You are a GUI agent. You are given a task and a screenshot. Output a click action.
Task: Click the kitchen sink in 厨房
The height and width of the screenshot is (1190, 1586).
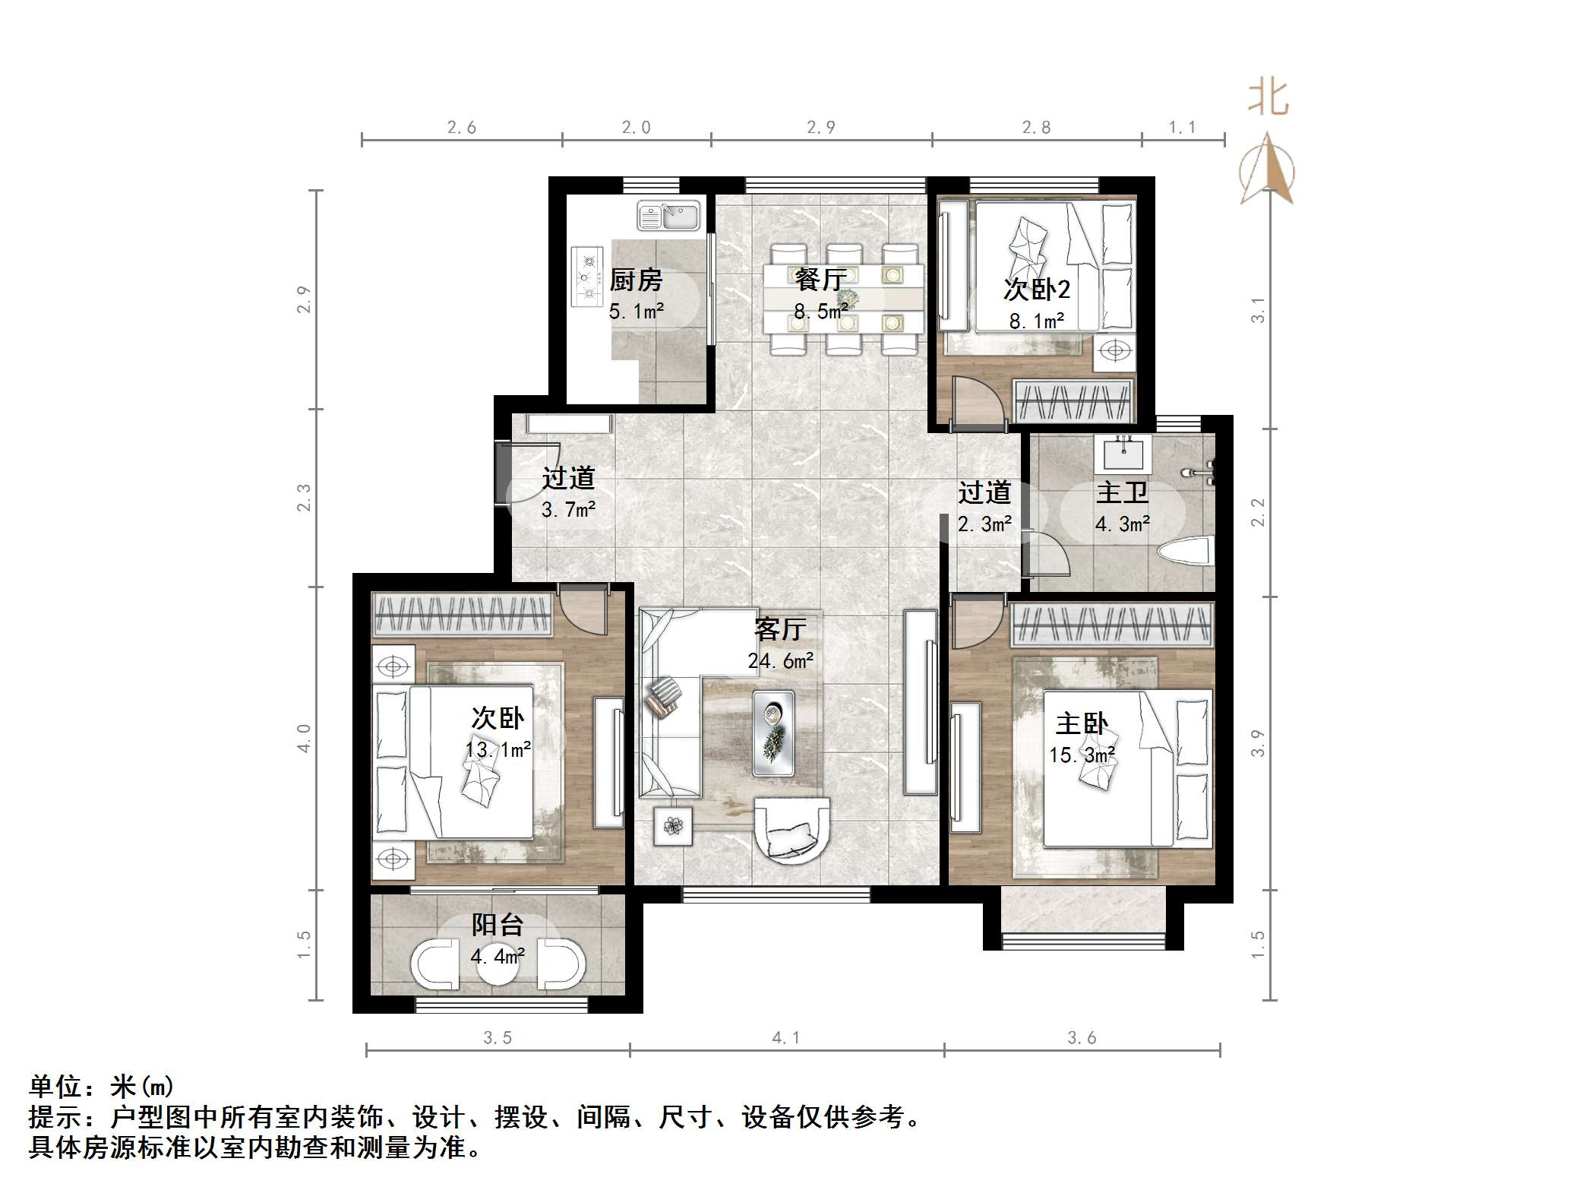668,215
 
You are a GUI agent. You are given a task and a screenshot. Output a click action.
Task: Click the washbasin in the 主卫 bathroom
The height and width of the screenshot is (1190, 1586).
1123,455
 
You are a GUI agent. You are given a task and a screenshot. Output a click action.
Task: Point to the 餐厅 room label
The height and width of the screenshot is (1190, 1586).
820,280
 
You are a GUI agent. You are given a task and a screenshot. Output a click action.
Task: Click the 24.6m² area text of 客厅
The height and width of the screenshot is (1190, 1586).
780,661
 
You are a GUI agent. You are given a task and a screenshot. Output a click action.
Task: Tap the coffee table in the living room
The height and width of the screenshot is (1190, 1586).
773,733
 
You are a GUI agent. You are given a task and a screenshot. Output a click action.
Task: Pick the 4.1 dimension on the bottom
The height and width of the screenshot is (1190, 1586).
785,1037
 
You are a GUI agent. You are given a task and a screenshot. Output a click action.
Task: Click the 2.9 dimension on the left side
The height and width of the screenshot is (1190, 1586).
304,299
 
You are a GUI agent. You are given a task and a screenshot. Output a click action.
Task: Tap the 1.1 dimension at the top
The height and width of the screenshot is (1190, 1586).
1182,128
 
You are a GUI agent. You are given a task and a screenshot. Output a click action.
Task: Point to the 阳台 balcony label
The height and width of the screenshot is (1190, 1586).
498,925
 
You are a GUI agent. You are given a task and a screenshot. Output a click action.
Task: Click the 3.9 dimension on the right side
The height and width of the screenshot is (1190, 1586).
1258,742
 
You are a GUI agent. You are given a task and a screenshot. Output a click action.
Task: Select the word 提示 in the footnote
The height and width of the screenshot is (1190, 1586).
55,1117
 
